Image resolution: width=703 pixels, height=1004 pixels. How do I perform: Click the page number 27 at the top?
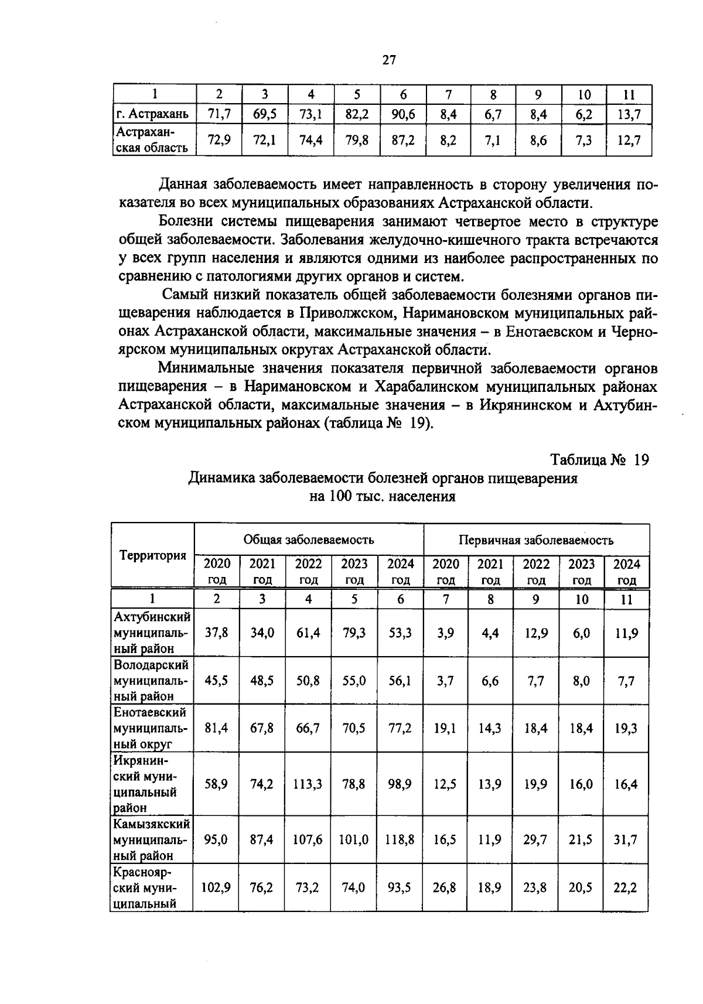pyautogui.click(x=390, y=60)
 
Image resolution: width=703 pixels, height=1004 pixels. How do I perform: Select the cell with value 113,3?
pyautogui.click(x=308, y=784)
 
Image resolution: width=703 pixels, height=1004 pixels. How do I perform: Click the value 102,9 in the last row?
pyautogui.click(x=216, y=887)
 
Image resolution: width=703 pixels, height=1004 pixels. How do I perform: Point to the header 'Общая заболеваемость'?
pyautogui.click(x=309, y=539)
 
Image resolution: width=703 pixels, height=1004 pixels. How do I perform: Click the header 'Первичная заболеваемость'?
pyautogui.click(x=536, y=539)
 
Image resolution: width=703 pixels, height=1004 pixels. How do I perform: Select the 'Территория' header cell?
pyautogui.click(x=153, y=555)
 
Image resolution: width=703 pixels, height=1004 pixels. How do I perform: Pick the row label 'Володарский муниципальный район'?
pyautogui.click(x=152, y=681)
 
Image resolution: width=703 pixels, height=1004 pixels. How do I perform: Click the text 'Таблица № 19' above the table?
pyautogui.click(x=600, y=460)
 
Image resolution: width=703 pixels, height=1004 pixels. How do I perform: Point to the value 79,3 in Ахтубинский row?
pyautogui.click(x=354, y=633)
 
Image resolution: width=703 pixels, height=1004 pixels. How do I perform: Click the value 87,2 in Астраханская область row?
pyautogui.click(x=403, y=141)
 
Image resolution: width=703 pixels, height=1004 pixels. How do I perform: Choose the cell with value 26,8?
pyautogui.click(x=445, y=887)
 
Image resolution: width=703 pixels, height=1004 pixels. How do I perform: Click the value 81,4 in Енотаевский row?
pyautogui.click(x=216, y=728)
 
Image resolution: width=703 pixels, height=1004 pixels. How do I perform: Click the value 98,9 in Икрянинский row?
pyautogui.click(x=400, y=784)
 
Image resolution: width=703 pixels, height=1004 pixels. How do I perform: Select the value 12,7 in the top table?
pyautogui.click(x=629, y=141)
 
